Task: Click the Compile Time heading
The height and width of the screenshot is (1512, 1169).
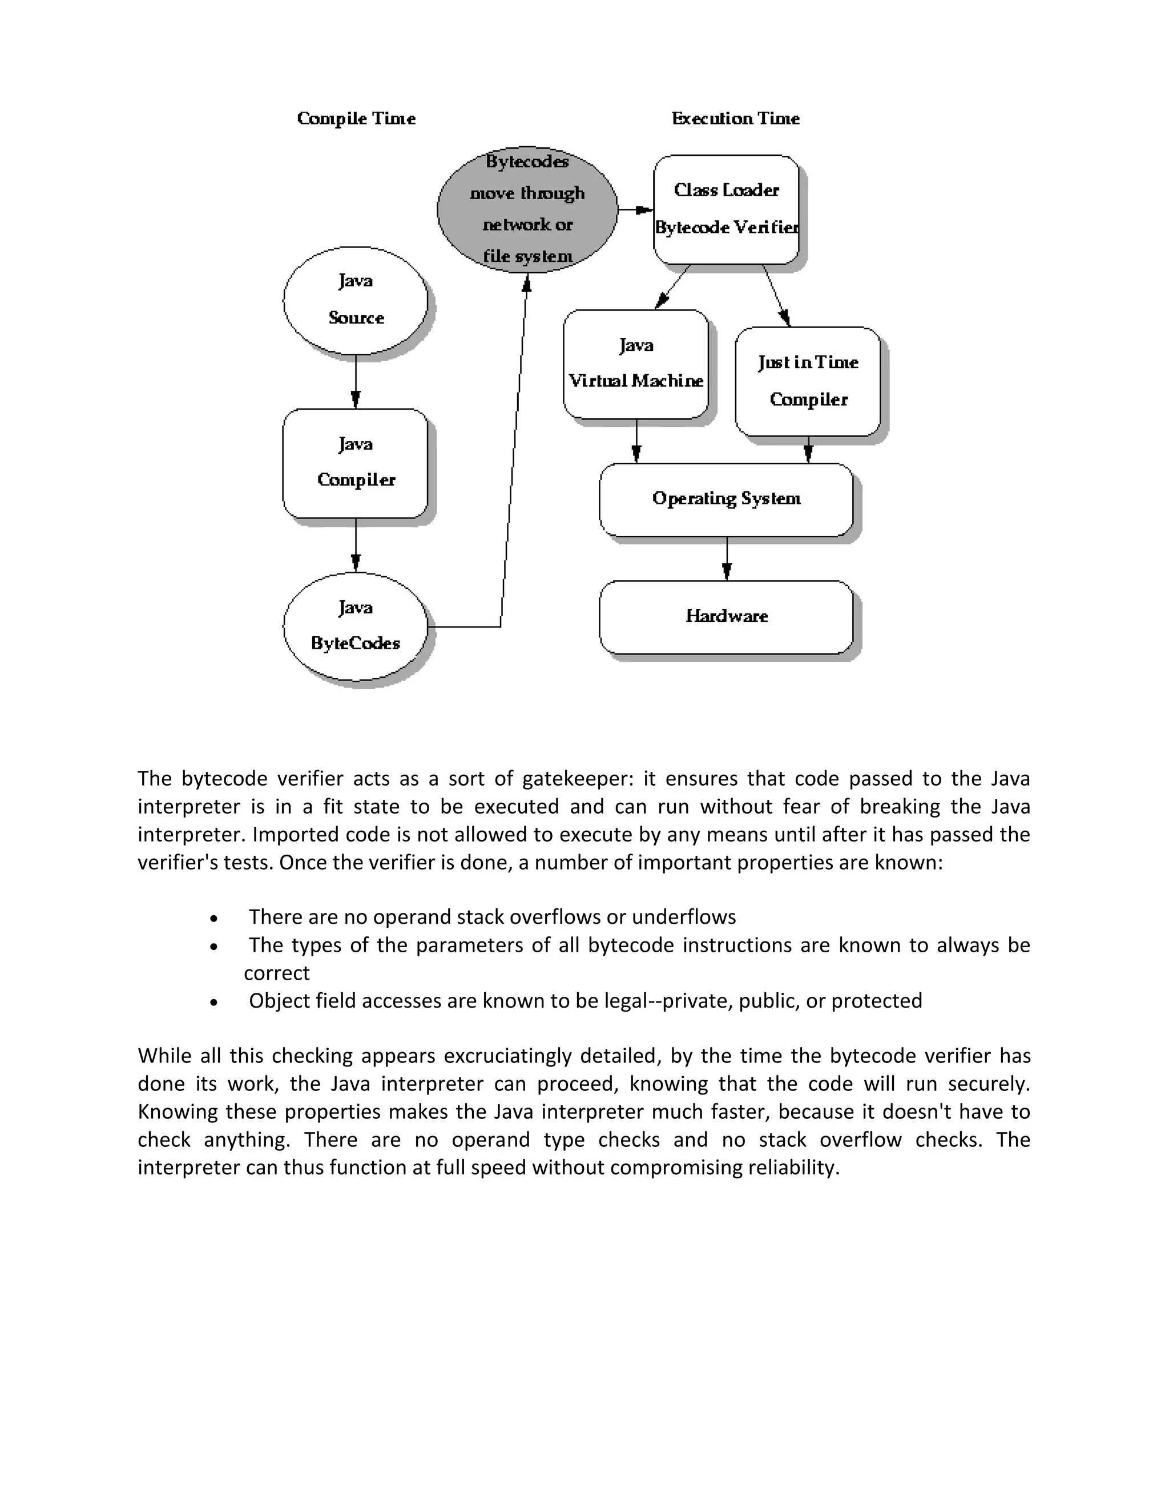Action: click(x=356, y=118)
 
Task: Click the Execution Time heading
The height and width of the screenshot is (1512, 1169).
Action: click(x=735, y=118)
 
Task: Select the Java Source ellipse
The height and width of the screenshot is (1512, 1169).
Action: click(x=355, y=301)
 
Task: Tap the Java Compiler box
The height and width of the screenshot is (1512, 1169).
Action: click(x=355, y=463)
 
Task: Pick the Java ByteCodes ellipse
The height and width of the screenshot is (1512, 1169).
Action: click(x=355, y=626)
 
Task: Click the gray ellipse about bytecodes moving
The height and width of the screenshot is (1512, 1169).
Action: click(x=527, y=209)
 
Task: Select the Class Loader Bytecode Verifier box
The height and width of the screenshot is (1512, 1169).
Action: click(x=726, y=209)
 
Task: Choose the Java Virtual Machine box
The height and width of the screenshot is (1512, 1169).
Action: click(x=636, y=363)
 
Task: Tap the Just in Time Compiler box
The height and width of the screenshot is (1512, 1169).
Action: click(x=808, y=381)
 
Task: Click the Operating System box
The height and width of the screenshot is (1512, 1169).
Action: click(x=726, y=499)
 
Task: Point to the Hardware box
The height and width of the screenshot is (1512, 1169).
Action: click(x=726, y=616)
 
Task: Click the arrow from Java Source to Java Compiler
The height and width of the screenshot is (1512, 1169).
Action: click(x=355, y=382)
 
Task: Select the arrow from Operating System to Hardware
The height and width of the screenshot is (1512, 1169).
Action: click(x=727, y=559)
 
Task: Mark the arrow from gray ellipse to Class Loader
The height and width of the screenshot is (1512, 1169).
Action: click(x=635, y=209)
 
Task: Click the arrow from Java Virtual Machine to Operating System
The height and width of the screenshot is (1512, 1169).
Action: click(x=636, y=441)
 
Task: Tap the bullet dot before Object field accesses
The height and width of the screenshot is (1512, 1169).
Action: click(x=215, y=1002)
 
